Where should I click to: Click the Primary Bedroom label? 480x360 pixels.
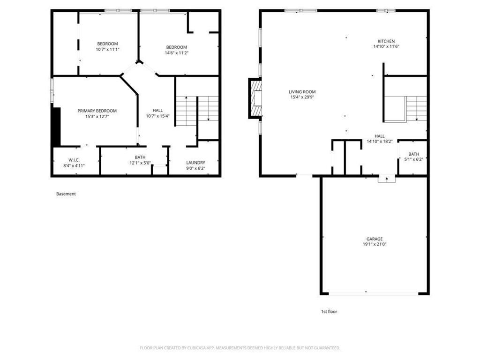coord(97,111)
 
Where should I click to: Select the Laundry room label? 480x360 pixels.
coord(195,163)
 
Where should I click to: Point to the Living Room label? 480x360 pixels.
coord(302,92)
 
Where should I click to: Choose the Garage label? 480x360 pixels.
coord(375,239)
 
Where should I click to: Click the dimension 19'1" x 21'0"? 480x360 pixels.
coord(375,244)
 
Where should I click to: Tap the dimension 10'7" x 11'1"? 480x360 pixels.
coord(107,49)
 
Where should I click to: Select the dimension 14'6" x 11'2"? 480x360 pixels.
coord(177,53)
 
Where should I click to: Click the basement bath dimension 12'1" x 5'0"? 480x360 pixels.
coord(140,163)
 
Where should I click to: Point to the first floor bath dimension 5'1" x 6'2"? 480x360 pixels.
coord(413,159)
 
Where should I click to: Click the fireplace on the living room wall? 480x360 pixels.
coord(256,98)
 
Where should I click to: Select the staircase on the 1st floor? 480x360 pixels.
coord(415,108)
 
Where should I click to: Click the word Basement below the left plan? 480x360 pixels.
coord(66,194)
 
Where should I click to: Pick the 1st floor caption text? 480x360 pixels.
coord(329,311)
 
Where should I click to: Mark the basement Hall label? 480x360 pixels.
coord(157,110)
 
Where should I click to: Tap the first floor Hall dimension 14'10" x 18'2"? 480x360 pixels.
coord(379,141)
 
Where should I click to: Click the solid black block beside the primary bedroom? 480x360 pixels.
coord(57,127)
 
